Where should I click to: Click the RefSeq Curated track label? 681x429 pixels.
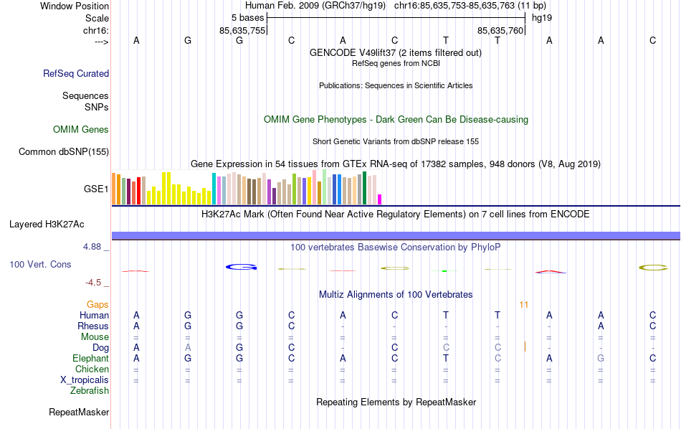click(x=76, y=73)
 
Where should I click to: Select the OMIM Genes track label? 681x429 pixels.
click(x=81, y=130)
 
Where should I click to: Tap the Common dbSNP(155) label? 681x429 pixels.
click(x=64, y=151)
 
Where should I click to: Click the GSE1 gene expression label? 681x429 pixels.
click(x=96, y=189)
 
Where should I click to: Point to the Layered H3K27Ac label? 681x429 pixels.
click(x=59, y=224)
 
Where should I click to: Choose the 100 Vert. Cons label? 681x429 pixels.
click(x=40, y=265)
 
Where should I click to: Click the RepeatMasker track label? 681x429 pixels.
click(x=79, y=412)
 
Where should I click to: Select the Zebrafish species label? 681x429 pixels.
click(x=90, y=391)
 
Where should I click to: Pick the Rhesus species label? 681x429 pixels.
click(x=93, y=326)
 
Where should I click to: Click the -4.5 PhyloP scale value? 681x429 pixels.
click(x=95, y=283)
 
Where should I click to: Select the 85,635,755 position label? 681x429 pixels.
click(x=242, y=30)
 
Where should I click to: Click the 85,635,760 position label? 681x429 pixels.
click(x=500, y=30)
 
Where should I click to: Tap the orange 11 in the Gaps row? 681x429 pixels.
click(x=524, y=305)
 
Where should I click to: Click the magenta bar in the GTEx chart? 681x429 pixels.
click(x=380, y=199)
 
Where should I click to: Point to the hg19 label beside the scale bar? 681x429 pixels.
click(x=541, y=17)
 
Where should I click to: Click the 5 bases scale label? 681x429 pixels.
click(x=247, y=17)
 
